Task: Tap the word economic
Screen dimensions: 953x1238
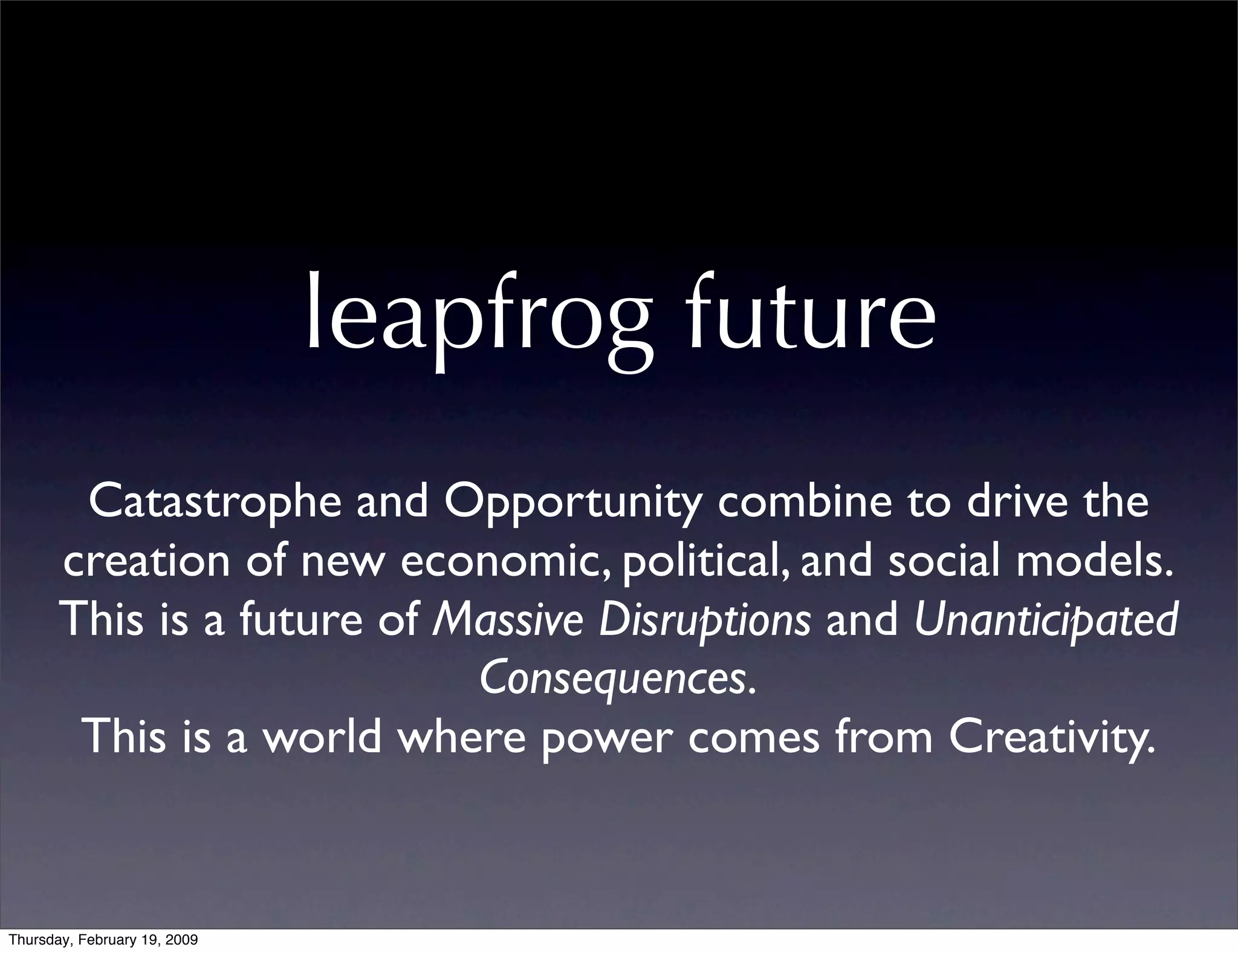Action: pyautogui.click(x=505, y=561)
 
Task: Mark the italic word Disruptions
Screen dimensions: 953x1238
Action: pyautogui.click(x=704, y=620)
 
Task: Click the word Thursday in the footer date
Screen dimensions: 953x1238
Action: pyautogui.click(x=34, y=940)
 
